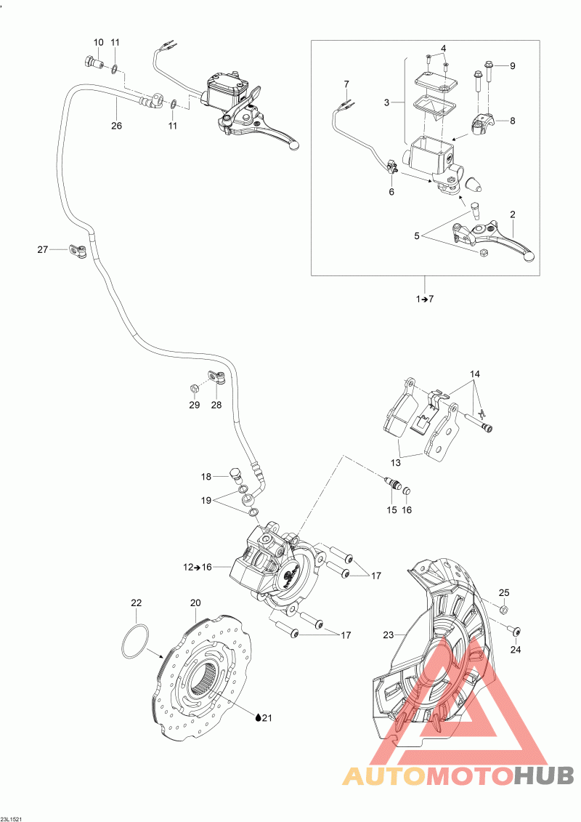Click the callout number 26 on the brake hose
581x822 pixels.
click(117, 125)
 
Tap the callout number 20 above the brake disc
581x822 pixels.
click(195, 603)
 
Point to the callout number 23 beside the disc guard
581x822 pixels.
click(389, 634)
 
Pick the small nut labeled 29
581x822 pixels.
click(195, 384)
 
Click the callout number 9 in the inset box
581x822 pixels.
click(512, 65)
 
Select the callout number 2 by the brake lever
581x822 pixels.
click(513, 214)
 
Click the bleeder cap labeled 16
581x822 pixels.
click(407, 487)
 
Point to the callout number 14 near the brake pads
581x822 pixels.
click(475, 374)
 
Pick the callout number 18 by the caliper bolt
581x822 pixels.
click(206, 477)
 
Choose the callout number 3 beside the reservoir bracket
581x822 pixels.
click(387, 102)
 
